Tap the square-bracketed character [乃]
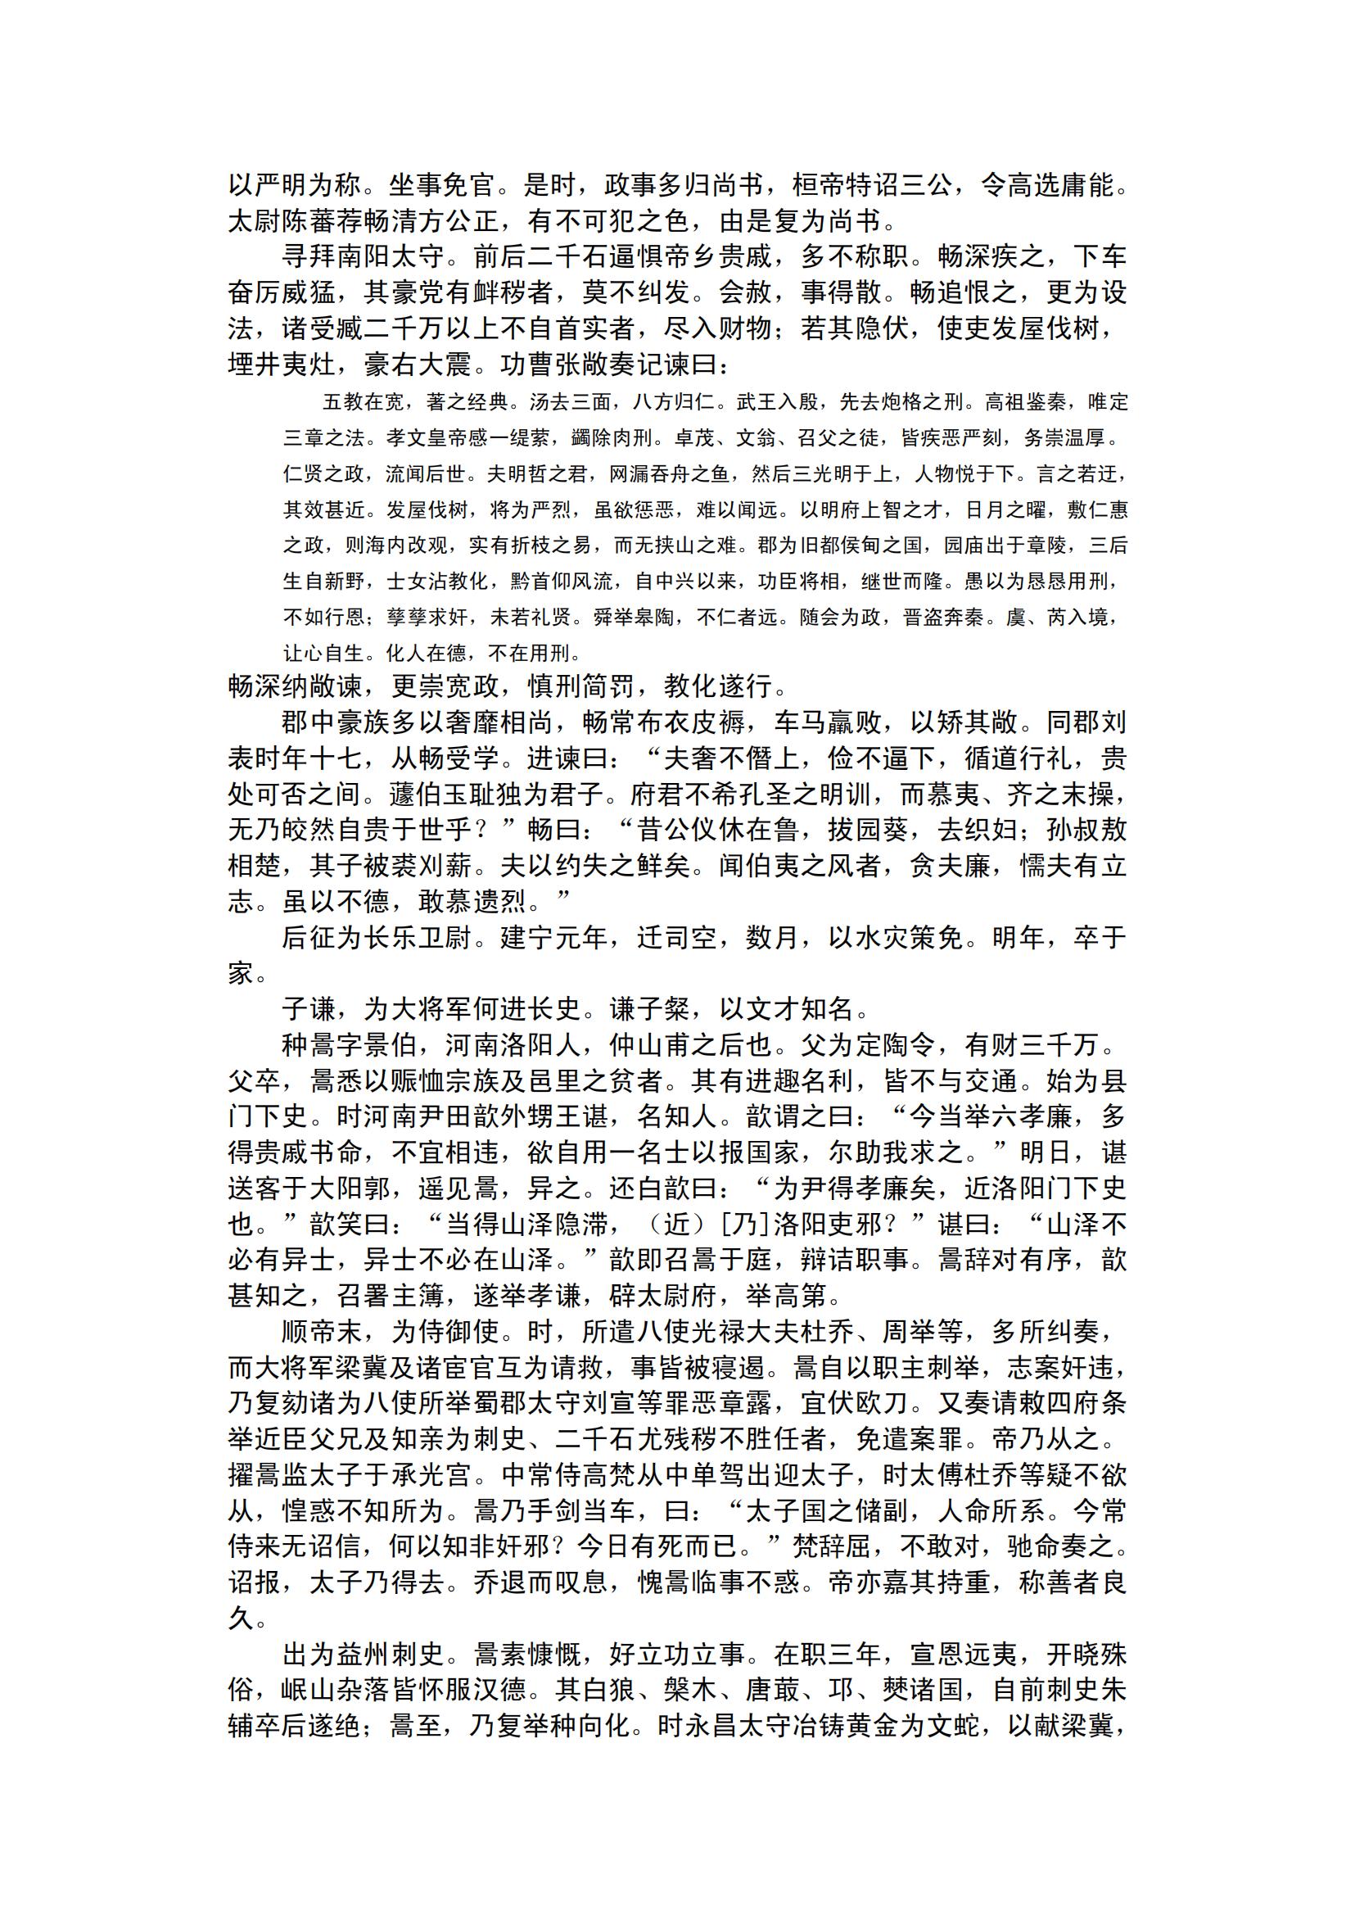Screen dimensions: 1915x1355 [x=739, y=1225]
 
